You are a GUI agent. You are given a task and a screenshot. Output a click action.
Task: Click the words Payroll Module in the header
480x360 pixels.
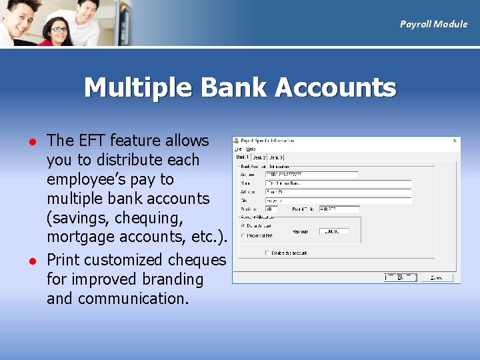tap(433, 24)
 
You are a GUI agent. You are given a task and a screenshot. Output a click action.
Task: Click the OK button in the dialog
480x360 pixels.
tap(400, 277)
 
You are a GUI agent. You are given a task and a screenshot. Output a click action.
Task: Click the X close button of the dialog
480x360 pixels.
tap(455, 141)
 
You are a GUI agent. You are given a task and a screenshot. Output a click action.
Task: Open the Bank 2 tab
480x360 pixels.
tap(259, 157)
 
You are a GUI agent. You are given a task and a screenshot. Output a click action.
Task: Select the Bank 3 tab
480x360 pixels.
tap(275, 157)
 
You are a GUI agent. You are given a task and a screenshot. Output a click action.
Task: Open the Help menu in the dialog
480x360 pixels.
tap(251, 149)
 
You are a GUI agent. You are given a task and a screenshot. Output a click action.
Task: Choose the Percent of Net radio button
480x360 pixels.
tap(242, 235)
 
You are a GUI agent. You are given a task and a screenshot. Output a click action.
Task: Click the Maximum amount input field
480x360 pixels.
tap(333, 231)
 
